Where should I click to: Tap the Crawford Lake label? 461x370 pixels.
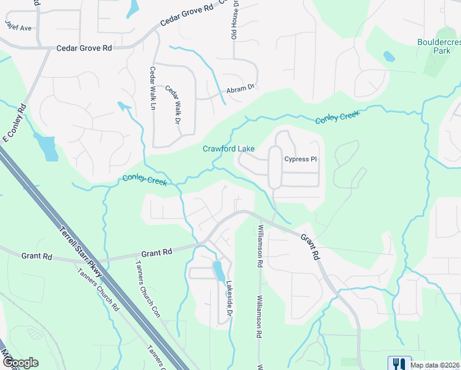229,149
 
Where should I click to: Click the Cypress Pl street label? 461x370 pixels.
300,159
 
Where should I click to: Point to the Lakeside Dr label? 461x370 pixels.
229,299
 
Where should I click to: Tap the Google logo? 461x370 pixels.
20,363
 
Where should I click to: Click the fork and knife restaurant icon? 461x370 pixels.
399,364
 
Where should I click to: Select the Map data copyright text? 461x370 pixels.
435,365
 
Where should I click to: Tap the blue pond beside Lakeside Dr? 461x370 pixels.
218,271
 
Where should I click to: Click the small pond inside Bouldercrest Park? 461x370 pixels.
389,57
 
